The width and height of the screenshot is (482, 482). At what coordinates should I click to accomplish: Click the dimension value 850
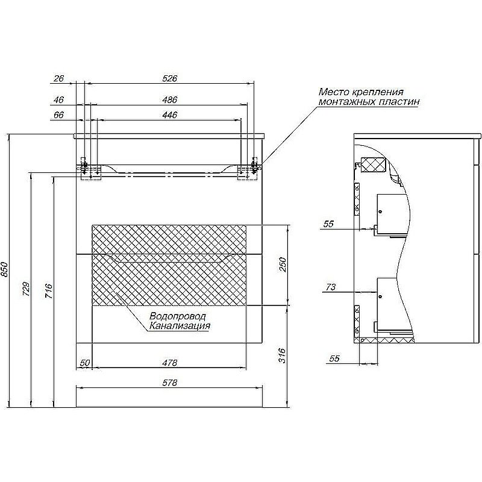[5, 269]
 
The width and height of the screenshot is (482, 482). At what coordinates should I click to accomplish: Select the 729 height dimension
[27, 289]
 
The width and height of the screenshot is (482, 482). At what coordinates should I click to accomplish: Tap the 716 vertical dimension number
[49, 291]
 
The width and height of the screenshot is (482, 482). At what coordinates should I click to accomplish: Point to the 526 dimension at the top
[170, 78]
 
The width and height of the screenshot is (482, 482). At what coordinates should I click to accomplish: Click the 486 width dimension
[170, 99]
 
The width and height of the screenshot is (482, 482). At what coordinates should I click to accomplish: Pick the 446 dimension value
[170, 114]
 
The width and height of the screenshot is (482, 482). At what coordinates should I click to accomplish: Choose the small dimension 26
[58, 78]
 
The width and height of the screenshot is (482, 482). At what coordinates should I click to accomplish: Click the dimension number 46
[58, 99]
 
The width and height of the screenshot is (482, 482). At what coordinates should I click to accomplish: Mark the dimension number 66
[58, 114]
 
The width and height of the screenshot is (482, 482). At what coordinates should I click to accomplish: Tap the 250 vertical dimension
[282, 264]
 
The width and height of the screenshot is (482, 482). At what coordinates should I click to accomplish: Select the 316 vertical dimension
[282, 355]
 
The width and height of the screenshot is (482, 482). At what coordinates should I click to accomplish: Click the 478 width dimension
[170, 363]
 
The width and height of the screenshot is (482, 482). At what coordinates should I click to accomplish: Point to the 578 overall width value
[170, 383]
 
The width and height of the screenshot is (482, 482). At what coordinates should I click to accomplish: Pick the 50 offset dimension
[85, 363]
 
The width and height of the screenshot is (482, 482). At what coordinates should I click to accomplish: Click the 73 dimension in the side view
[330, 287]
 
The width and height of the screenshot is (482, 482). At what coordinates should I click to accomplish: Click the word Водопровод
[178, 316]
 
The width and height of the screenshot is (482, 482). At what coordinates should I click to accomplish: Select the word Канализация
[180, 325]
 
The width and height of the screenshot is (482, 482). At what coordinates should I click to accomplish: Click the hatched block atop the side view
[373, 165]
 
